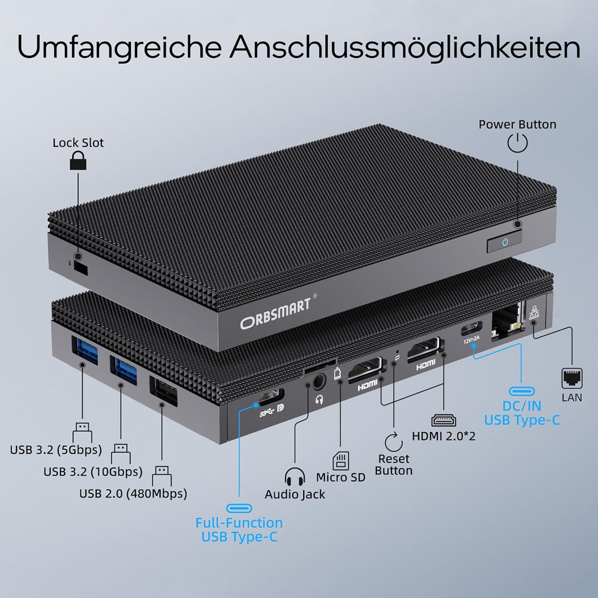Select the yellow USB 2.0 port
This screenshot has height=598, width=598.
point(163,391)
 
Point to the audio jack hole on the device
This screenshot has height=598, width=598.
point(318,382)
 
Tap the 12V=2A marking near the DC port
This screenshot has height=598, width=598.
point(472,339)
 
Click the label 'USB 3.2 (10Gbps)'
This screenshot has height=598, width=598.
point(93,472)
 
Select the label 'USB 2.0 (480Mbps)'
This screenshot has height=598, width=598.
point(133,494)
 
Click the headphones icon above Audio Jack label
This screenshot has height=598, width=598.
point(295,476)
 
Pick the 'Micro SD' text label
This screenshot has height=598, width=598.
point(340,477)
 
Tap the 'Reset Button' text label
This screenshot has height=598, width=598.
point(394,465)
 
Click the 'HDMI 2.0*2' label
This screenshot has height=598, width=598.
point(444,436)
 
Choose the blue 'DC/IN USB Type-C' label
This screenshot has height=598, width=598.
point(522,413)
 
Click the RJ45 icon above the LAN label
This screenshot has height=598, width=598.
point(572,378)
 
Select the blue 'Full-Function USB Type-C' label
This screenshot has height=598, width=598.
point(239,530)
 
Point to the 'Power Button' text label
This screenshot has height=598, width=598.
point(517,124)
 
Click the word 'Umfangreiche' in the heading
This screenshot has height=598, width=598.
point(119,47)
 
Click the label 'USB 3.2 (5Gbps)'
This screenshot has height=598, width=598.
point(56,450)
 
